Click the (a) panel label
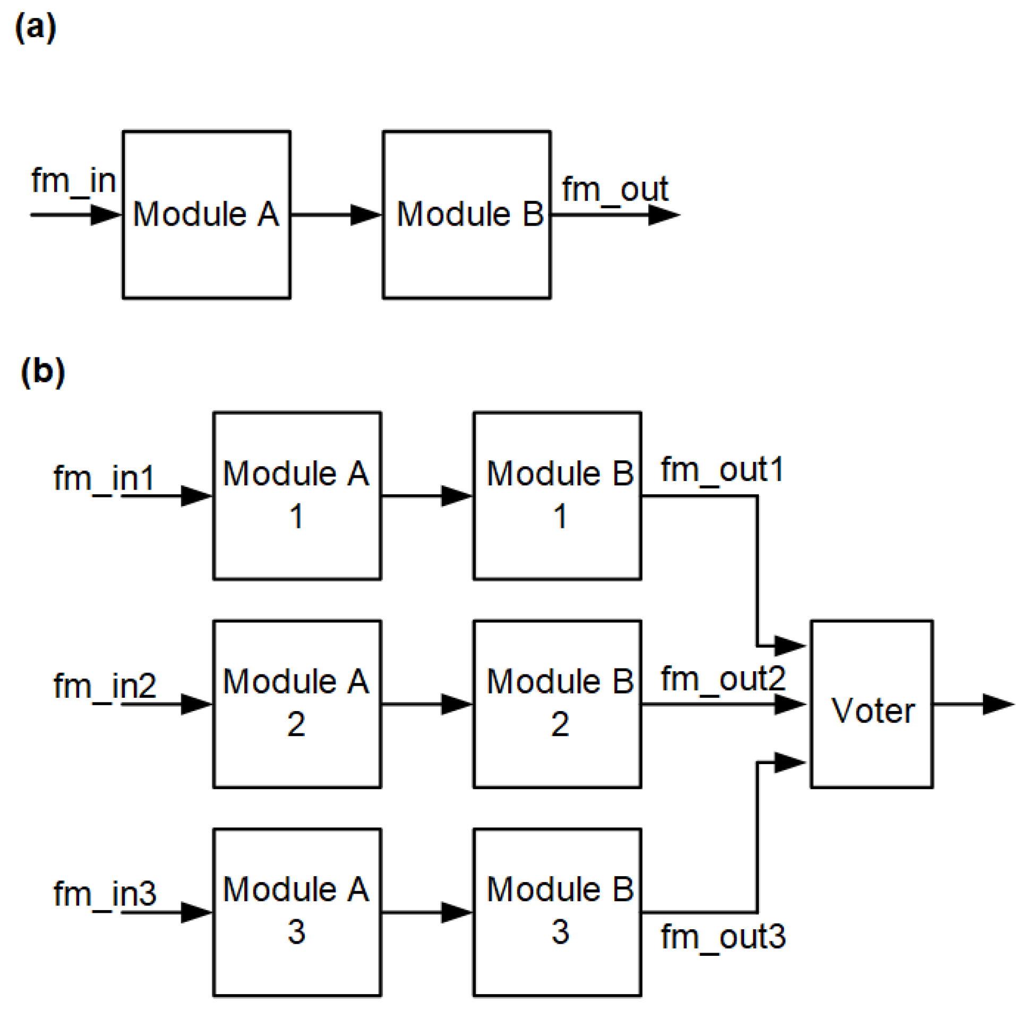[35, 27]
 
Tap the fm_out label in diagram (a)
[614, 190]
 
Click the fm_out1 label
[722, 470]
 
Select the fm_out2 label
[722, 679]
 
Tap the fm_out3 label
[722, 936]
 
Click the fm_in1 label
[104, 478]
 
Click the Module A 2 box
[297, 705]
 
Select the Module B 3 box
[557, 913]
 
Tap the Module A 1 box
[297, 497]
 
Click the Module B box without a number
[466, 215]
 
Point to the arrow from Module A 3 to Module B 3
[426, 913]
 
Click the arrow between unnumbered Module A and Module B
[336, 215]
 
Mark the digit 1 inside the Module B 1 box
[560, 516]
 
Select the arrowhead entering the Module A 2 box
[196, 705]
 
